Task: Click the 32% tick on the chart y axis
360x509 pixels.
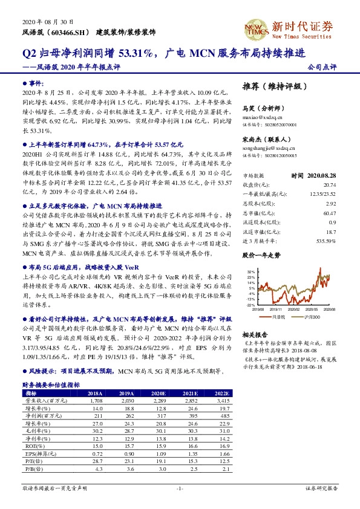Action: tap(251, 273)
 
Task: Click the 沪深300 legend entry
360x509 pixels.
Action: tap(313, 316)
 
